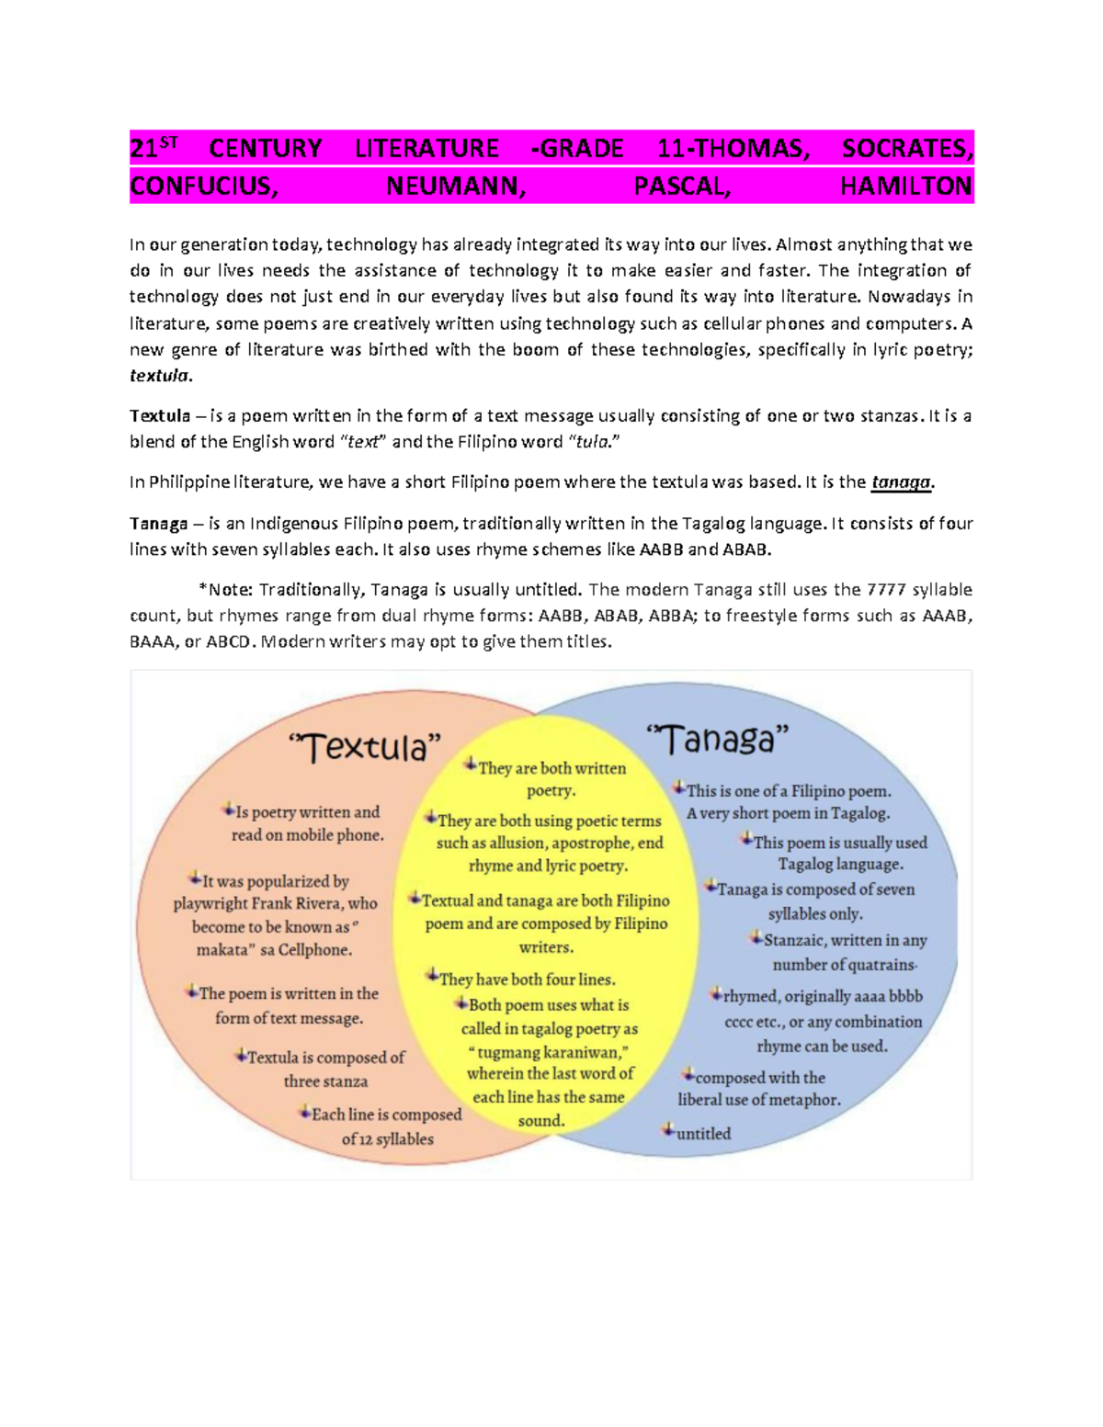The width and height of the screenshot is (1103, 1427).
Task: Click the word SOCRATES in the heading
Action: [x=905, y=148]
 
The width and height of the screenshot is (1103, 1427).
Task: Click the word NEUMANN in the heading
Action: [x=456, y=187]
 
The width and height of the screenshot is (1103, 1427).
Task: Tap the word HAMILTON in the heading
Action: [x=906, y=187]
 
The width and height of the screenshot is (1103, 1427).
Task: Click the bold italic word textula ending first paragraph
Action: [x=159, y=376]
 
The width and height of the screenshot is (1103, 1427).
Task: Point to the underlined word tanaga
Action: [x=901, y=482]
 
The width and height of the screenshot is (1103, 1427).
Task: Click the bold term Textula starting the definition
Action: [x=160, y=416]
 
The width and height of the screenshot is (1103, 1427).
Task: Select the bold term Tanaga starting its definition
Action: [x=158, y=524]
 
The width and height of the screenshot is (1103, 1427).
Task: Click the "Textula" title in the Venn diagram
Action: [x=365, y=748]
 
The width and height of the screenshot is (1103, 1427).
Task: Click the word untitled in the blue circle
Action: [x=704, y=1134]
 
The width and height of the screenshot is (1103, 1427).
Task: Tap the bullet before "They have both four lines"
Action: [x=432, y=975]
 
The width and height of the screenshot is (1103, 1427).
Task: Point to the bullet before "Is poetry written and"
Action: [x=228, y=810]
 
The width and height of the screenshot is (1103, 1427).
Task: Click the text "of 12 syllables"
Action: [x=387, y=1139]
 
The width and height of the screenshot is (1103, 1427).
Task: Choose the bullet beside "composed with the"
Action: [x=688, y=1073]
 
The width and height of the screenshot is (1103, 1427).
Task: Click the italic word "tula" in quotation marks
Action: [x=592, y=442]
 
